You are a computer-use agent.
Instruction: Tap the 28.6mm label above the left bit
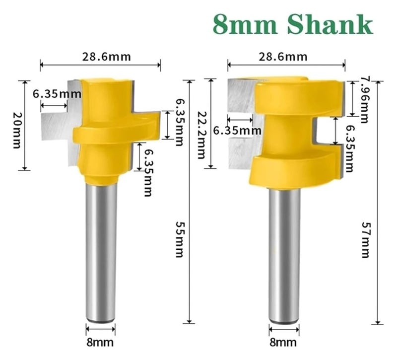[107, 56]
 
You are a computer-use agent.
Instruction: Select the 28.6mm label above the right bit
[283, 56]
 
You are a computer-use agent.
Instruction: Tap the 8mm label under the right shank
[284, 342]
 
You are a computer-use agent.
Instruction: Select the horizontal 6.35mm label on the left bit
[58, 93]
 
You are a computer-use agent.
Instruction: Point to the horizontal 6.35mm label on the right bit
[237, 131]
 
